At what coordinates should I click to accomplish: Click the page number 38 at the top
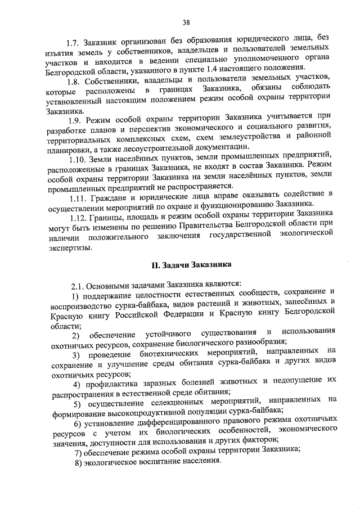[186, 22]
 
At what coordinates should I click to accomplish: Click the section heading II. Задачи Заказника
[190, 264]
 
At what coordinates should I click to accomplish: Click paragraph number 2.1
[78, 283]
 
